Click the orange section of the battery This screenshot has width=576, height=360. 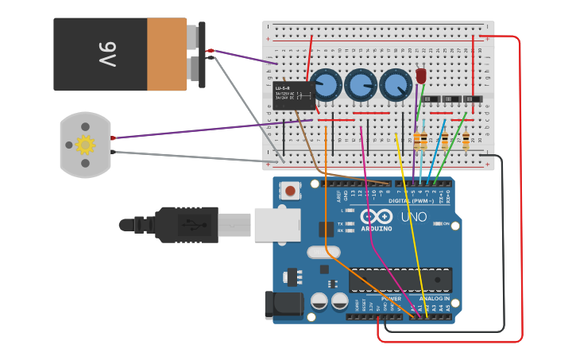(167, 54)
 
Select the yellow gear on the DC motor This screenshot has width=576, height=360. (85, 145)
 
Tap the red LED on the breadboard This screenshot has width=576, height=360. (421, 76)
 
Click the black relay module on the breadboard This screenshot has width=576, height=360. (293, 95)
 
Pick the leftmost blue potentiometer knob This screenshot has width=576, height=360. (326, 84)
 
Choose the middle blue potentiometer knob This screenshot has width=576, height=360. (361, 84)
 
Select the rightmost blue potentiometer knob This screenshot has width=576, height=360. (395, 84)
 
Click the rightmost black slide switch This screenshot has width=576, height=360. (473, 99)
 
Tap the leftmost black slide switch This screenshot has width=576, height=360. (431, 99)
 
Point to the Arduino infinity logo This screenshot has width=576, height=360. (376, 216)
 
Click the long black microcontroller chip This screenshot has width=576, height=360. (400, 281)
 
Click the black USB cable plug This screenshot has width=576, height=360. (187, 224)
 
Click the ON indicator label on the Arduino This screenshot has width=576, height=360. (455, 225)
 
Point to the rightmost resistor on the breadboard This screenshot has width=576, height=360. (466, 141)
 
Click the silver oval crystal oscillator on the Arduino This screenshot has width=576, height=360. (322, 253)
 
